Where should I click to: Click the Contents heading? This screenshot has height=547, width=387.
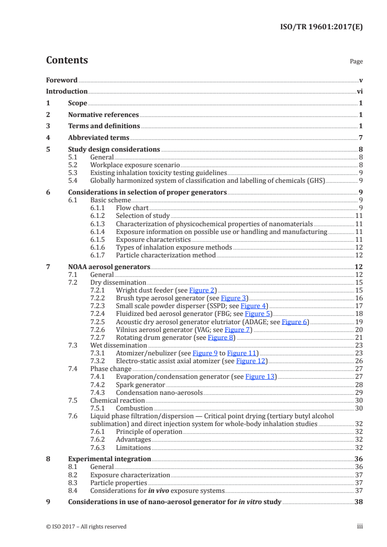pos(67,60)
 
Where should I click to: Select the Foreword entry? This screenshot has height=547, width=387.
pos(61,80)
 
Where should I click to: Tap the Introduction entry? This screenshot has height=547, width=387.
pos(66,91)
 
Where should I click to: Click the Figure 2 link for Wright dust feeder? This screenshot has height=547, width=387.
pos(202,290)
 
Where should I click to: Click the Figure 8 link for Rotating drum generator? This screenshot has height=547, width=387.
pos(221,337)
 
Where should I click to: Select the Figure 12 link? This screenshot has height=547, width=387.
pos(251,361)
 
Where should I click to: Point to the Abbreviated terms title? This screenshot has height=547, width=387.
pos(99,138)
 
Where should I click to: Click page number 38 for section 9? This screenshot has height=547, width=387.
pos(358,502)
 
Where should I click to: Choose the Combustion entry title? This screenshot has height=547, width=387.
pos(134,409)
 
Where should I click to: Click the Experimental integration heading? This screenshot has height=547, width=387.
pos(109,459)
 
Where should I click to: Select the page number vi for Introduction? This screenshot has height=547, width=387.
pos(359,91)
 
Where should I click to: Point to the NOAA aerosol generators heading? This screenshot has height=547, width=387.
pos(109,267)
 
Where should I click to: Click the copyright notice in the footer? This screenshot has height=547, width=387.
pos(86,527)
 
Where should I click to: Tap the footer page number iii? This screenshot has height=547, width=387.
pos(360,527)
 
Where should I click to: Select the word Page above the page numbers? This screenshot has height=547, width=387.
pos(356,62)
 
